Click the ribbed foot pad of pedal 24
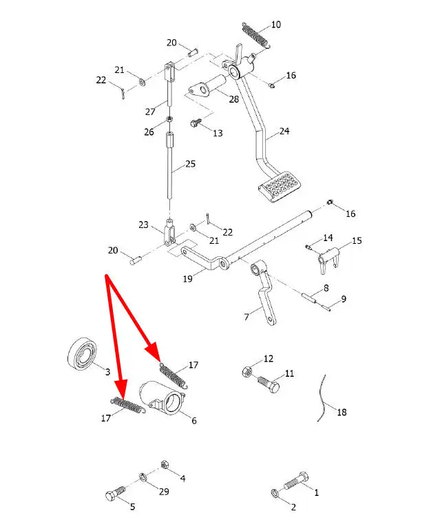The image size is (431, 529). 280,187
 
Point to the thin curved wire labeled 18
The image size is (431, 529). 321,399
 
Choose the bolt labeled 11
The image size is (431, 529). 269,383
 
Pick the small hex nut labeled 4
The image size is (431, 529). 165,463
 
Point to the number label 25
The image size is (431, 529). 190,164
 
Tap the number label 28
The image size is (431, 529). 234,99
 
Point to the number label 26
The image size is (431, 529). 149,132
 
